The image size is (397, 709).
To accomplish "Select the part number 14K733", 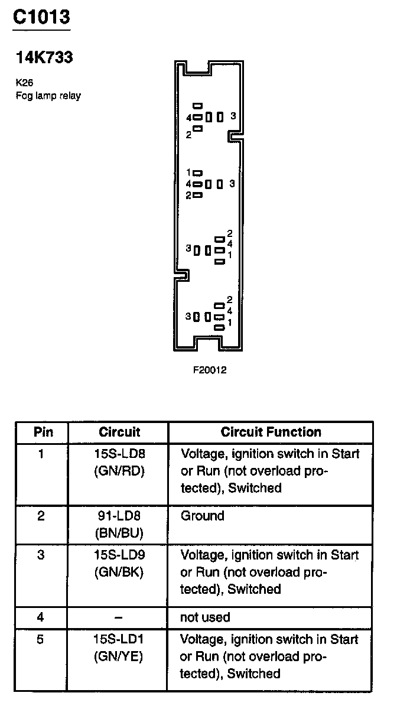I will pyautogui.click(x=44, y=57).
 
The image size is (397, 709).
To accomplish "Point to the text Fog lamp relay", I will pyautogui.click(x=48, y=95).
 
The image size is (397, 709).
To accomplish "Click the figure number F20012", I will pyautogui.click(x=209, y=370).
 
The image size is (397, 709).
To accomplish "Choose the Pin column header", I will pyautogui.click(x=43, y=432).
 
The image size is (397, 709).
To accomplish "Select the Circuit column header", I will pyautogui.click(x=119, y=432).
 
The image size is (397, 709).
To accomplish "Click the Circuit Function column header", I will pyautogui.click(x=271, y=432).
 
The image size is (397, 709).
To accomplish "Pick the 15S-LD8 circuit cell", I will pyautogui.click(x=119, y=454).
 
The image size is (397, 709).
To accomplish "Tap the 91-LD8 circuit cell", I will pyautogui.click(x=119, y=516).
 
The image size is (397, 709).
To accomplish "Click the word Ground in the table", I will pyautogui.click(x=203, y=516).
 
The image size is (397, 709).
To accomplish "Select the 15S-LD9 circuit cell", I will pyautogui.click(x=119, y=555).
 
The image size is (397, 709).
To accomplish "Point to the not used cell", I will pyautogui.click(x=205, y=617).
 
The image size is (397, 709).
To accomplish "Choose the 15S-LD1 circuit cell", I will pyautogui.click(x=119, y=640).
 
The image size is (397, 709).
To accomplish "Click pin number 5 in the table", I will pyautogui.click(x=41, y=640).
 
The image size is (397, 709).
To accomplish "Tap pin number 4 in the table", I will pyautogui.click(x=41, y=617).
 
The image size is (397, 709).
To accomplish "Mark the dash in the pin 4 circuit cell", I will pyautogui.click(x=119, y=617).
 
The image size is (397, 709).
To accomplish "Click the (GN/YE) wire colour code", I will pyautogui.click(x=119, y=656).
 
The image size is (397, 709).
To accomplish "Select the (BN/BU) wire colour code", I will pyautogui.click(x=119, y=532).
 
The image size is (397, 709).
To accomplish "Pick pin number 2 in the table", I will pyautogui.click(x=41, y=516).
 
